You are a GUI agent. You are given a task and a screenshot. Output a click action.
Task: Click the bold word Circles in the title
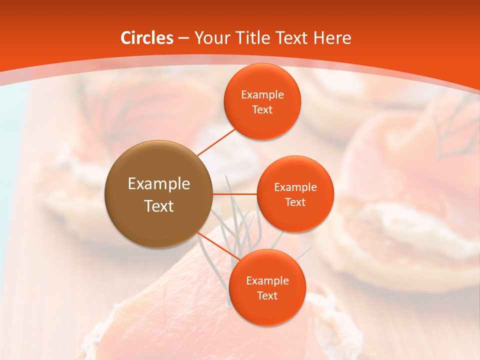pos(147,38)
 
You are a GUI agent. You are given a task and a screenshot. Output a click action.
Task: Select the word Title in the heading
pos(255,38)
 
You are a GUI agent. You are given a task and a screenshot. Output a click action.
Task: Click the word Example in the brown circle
pos(159,184)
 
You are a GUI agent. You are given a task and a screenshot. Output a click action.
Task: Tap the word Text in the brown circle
pos(159,206)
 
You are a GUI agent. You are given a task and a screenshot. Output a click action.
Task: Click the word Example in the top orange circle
pos(262,95)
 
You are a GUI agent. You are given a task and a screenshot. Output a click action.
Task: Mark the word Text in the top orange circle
pos(262,110)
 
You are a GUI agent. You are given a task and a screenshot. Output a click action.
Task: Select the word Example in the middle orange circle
pos(295,187)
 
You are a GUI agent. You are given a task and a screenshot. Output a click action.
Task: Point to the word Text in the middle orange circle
pos(295,202)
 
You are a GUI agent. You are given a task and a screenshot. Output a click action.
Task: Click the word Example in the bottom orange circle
pos(267,281)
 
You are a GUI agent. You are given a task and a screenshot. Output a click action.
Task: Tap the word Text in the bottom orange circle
pos(267,296)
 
